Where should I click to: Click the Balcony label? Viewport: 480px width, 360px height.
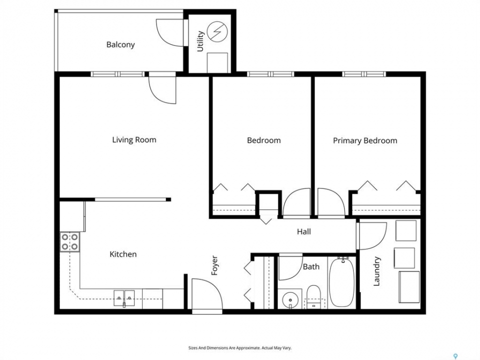click(120, 44)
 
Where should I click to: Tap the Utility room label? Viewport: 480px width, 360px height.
click(200, 41)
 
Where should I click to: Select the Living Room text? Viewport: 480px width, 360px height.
click(134, 140)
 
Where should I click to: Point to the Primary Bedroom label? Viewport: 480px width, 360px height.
click(365, 141)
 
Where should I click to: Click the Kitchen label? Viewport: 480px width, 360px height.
click(123, 254)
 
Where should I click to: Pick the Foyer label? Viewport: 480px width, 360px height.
click(214, 265)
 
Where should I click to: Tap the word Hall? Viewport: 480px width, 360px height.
click(303, 231)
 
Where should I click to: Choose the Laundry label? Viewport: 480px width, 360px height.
click(376, 271)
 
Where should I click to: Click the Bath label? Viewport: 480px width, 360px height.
click(311, 267)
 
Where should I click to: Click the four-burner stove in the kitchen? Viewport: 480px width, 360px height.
click(70, 242)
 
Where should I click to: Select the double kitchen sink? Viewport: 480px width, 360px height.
click(124, 298)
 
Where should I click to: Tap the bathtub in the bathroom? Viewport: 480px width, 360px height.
click(341, 282)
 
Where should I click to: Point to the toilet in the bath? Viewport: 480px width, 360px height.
click(313, 296)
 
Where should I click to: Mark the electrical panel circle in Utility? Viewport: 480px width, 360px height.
click(217, 31)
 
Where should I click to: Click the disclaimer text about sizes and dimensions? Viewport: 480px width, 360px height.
click(239, 348)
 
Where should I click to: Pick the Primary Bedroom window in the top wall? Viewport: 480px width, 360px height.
click(363, 74)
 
